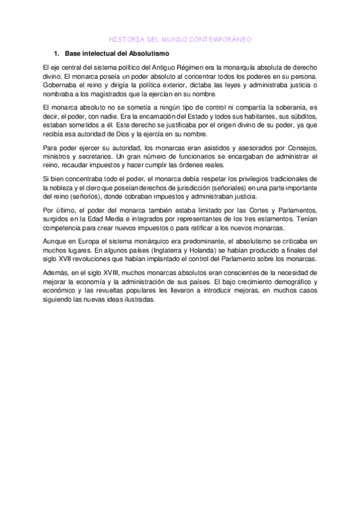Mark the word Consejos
305,147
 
